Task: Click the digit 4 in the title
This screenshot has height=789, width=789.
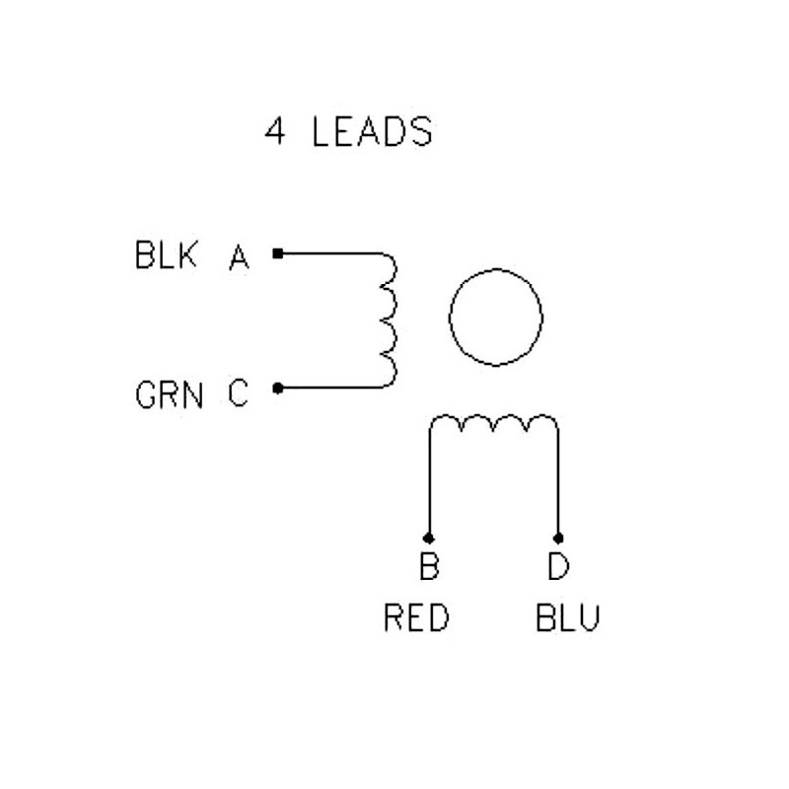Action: point(275,132)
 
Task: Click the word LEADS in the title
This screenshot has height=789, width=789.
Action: point(372,132)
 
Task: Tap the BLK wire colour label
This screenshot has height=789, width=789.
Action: point(166,254)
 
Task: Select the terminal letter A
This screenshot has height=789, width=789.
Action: point(239,256)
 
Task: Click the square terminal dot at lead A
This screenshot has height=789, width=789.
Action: point(278,253)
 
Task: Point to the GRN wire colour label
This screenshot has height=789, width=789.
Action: point(170,394)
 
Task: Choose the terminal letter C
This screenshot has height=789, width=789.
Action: point(238,393)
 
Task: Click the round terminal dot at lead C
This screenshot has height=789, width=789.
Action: point(278,388)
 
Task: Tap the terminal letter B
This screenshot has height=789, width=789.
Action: point(429,565)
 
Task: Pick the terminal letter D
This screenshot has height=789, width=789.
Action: point(558,565)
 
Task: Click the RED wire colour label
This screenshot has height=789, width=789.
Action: point(416,617)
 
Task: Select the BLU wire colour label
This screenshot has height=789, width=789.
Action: point(568,617)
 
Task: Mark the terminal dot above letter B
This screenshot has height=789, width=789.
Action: point(429,538)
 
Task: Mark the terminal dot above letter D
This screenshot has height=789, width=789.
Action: point(558,538)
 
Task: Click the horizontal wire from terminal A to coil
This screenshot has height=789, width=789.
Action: point(330,253)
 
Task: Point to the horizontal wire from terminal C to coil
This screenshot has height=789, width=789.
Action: point(330,388)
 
